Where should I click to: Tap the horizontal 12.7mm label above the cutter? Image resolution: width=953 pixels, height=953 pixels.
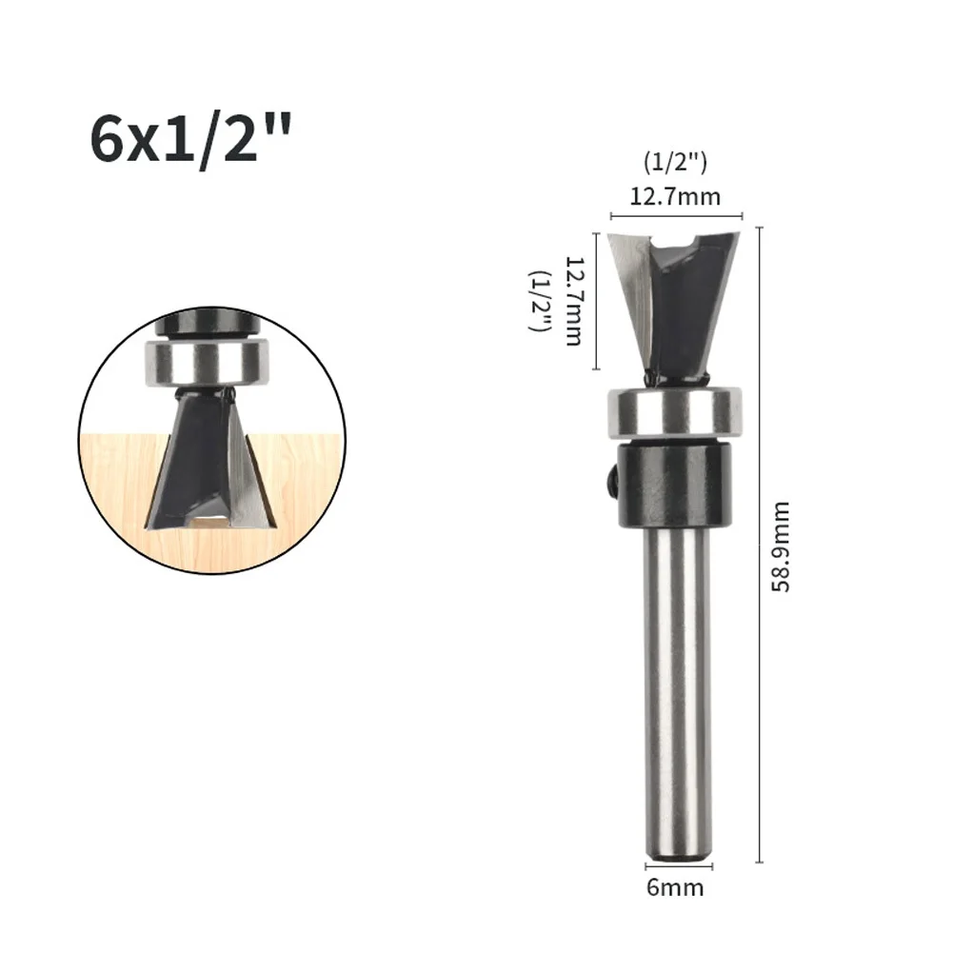pyautogui.click(x=675, y=197)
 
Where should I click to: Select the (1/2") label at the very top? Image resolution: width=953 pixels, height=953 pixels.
pyautogui.click(x=675, y=163)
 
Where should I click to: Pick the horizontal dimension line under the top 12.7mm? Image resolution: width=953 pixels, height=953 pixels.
pyautogui.click(x=675, y=216)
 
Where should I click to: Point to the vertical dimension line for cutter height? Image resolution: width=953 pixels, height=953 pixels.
pyautogui.click(x=595, y=302)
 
